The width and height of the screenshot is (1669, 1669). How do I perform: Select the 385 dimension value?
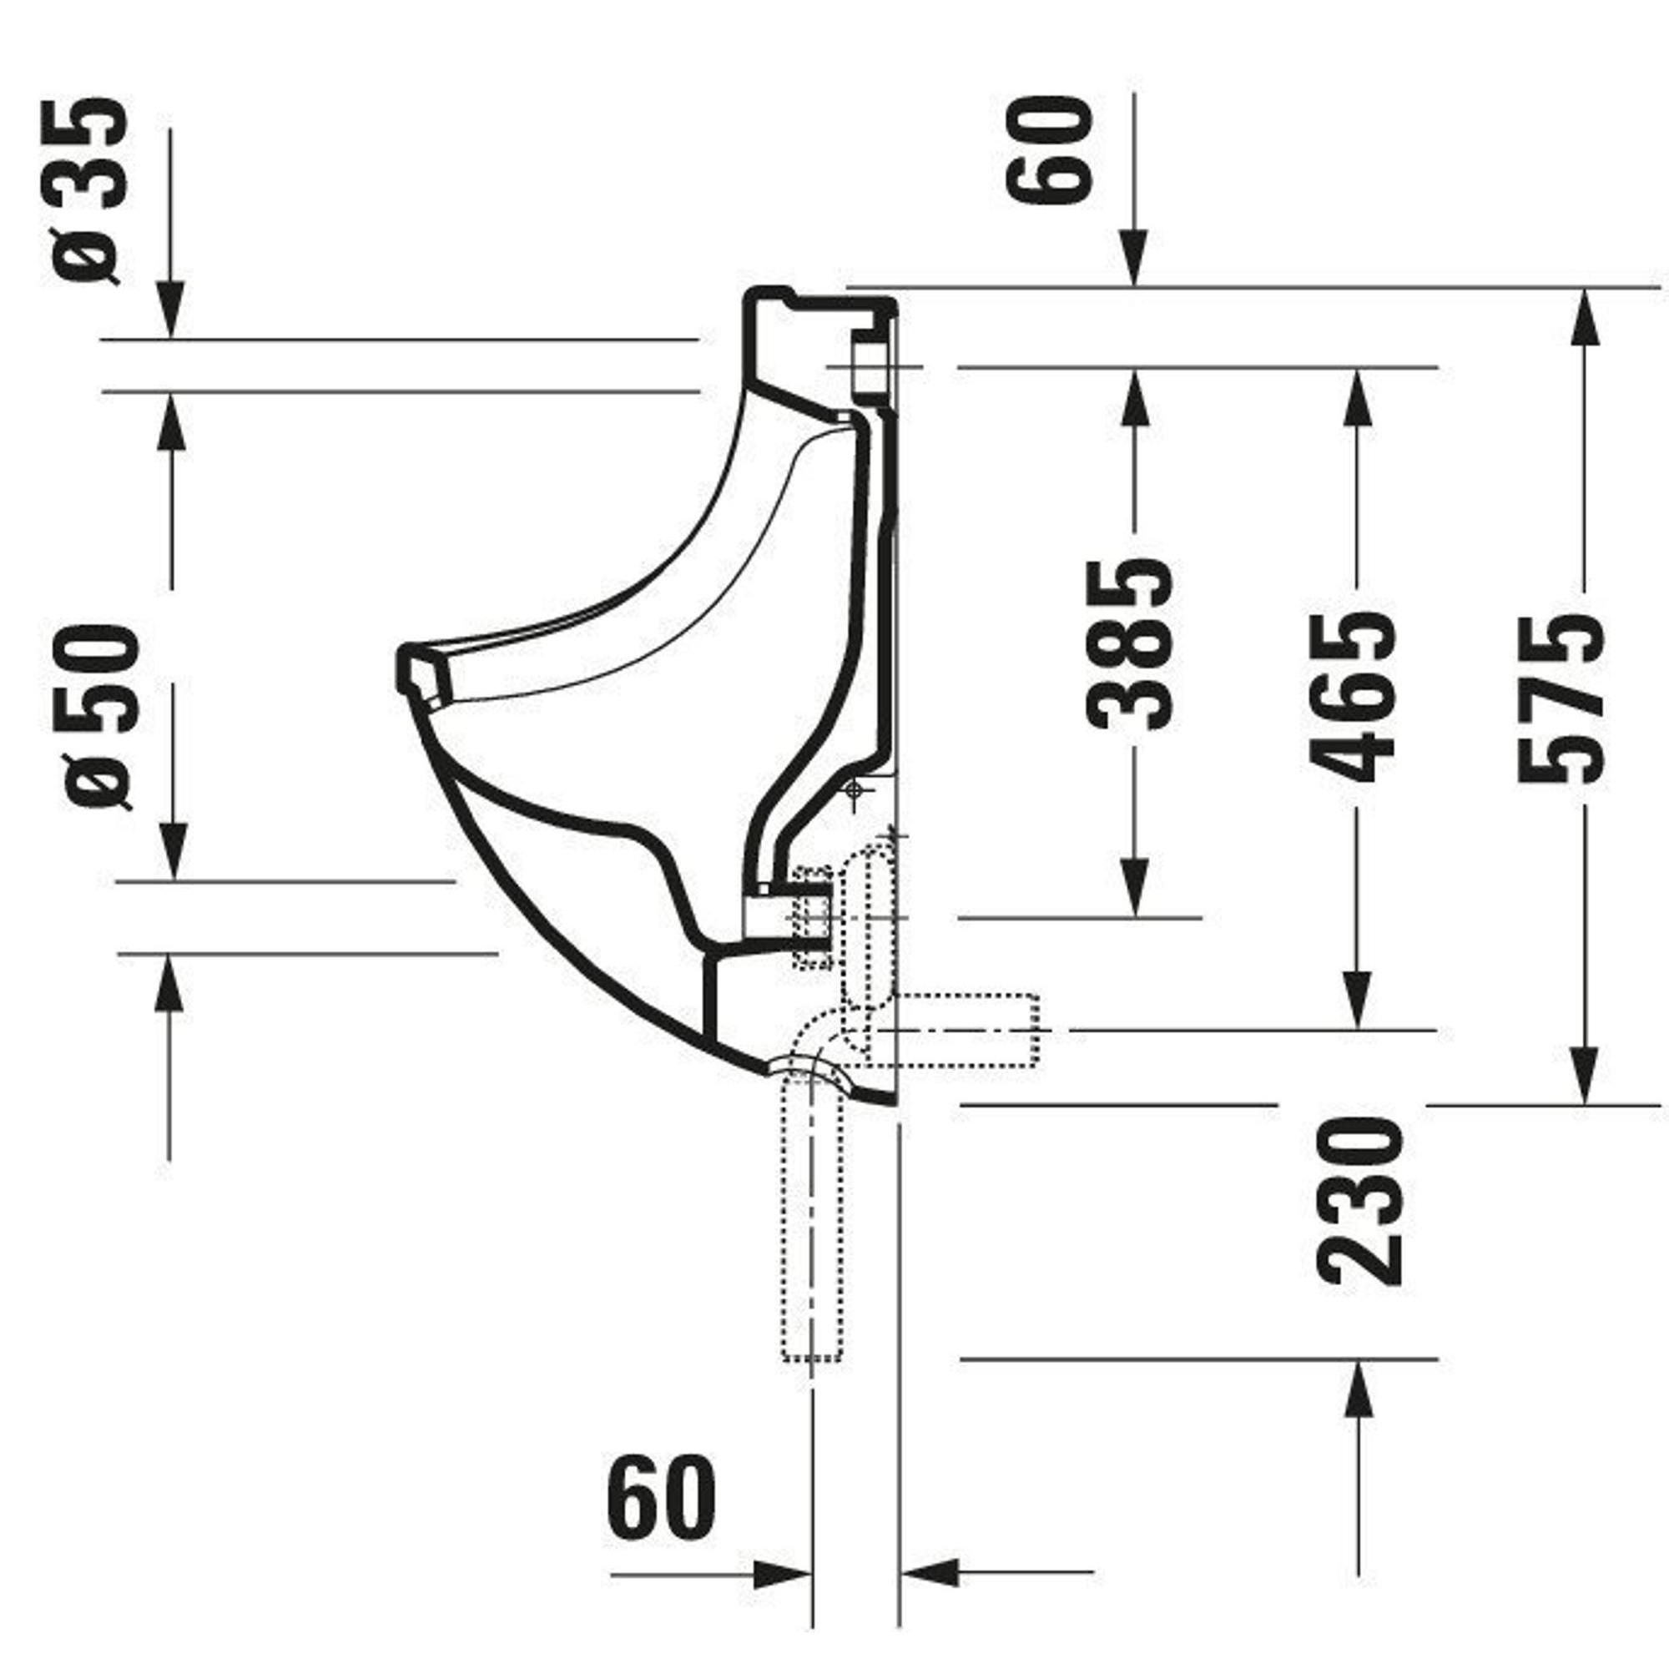(x=1129, y=643)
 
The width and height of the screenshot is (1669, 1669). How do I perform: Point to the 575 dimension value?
(x=1562, y=697)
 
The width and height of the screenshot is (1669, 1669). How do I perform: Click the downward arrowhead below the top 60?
(x=1134, y=259)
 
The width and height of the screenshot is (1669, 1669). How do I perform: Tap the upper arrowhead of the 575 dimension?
(x=1584, y=316)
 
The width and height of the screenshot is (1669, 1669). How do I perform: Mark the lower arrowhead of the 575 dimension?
(x=1584, y=1076)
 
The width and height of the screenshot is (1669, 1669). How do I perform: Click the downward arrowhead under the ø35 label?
(x=170, y=310)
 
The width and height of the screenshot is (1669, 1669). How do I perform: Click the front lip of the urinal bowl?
(x=423, y=674)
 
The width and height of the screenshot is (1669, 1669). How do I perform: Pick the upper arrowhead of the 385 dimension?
(x=1134, y=397)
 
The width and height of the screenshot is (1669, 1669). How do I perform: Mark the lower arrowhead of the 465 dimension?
(x=1357, y=1001)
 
